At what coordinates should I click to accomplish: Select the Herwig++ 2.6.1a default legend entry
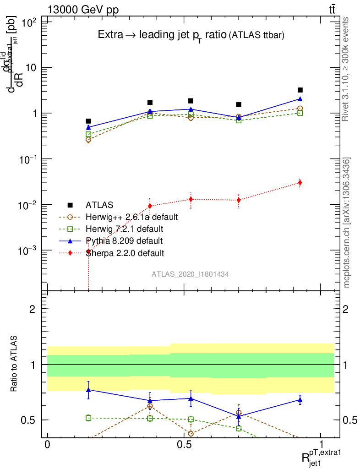coord(131,217)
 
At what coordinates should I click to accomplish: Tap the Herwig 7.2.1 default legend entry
coord(124,229)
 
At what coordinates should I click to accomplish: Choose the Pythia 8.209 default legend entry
coord(124,240)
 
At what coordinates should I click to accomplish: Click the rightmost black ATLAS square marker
coord(300,90)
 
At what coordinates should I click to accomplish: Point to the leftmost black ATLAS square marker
coord(88,121)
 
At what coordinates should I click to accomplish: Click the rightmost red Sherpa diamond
coord(300,183)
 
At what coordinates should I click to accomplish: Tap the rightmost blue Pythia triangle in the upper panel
coord(300,99)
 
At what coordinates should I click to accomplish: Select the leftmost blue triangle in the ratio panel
coord(88,390)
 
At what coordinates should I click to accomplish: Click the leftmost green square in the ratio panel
coord(88,418)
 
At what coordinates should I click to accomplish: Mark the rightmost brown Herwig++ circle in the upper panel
coord(300,109)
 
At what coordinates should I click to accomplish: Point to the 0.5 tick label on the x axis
coord(184,445)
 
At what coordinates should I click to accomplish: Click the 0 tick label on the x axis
coord(48,445)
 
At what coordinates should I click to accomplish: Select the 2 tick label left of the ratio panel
coord(32,309)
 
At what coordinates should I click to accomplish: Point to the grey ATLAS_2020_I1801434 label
coord(191,274)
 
